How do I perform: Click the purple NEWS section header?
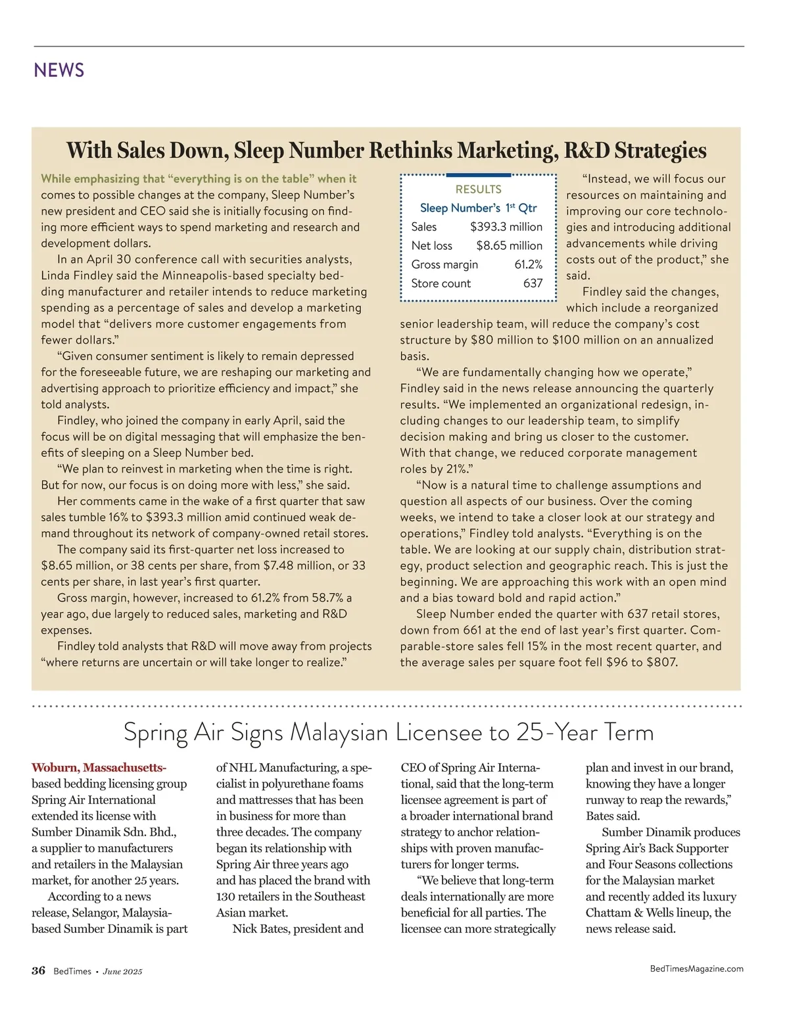pos(59,70)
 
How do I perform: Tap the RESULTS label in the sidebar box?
pos(478,189)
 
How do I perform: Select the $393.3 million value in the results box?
pos(506,227)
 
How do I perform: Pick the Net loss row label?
pos(431,246)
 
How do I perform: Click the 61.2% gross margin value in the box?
pos(528,265)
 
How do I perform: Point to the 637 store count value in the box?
pos(533,283)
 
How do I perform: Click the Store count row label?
pos(441,283)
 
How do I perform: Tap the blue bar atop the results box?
pos(478,175)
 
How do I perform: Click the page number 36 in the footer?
pos(38,971)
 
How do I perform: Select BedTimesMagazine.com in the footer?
pos(696,968)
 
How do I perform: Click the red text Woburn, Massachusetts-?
pos(99,768)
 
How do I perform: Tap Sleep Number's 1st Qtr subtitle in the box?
pos(478,208)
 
